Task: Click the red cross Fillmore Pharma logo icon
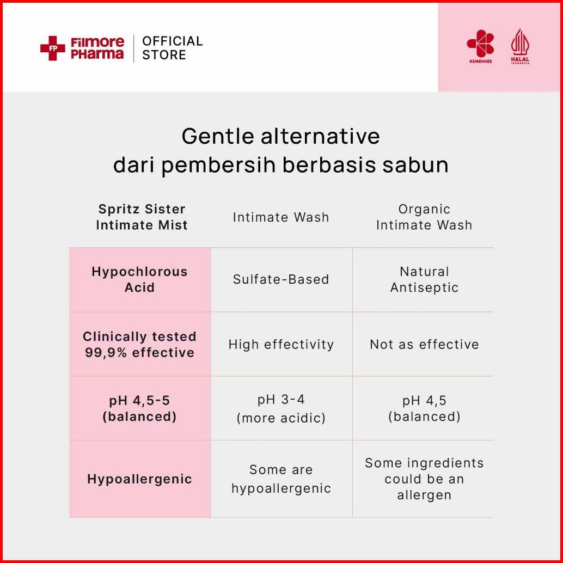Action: point(52,48)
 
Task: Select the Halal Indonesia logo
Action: point(520,47)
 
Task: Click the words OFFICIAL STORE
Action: point(173,48)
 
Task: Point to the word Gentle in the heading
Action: point(218,136)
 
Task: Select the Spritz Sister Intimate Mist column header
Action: point(142,217)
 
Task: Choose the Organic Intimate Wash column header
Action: point(424,217)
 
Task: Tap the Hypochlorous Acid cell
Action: point(140,279)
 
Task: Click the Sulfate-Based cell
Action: point(281,279)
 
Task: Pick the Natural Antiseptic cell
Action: point(424,279)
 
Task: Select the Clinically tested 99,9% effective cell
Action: point(140,344)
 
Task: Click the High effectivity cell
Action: point(281,344)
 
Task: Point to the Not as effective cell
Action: point(424,344)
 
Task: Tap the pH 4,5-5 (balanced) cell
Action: point(140,408)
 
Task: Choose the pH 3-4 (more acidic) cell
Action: point(281,408)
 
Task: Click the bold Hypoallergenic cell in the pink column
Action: point(140,479)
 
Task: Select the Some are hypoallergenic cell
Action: point(281,479)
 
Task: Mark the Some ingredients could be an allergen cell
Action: point(424,479)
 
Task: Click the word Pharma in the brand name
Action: point(97,54)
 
